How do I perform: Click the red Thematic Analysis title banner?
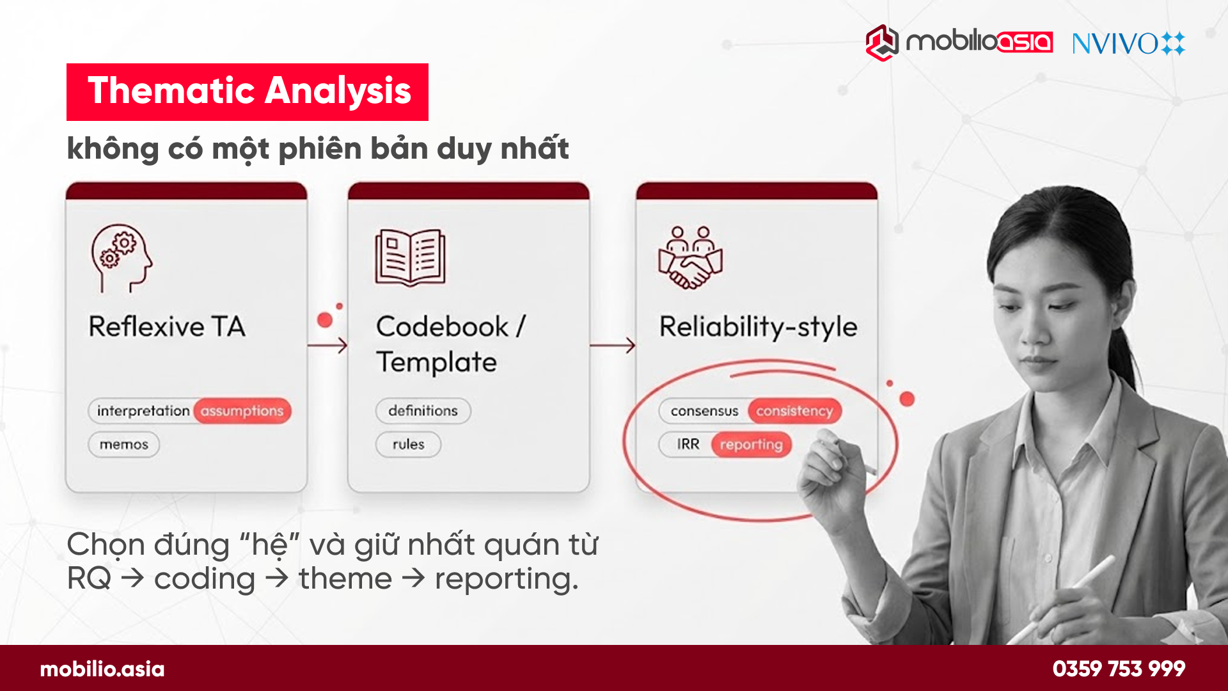(248, 91)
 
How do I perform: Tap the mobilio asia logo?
(959, 42)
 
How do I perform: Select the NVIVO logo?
(1128, 44)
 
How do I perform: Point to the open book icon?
(410, 257)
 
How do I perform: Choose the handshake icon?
(690, 257)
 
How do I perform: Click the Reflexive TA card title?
(167, 326)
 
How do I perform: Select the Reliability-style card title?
(758, 326)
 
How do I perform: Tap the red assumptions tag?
(242, 411)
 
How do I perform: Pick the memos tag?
(123, 445)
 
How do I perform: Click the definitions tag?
(423, 411)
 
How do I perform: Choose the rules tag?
(408, 445)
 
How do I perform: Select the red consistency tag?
(794, 411)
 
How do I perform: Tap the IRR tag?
(688, 445)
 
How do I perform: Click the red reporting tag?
(752, 445)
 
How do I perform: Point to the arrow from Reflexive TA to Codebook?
(327, 345)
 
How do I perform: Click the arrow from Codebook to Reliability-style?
(613, 345)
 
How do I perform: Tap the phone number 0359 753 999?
(1119, 669)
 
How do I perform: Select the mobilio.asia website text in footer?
(102, 669)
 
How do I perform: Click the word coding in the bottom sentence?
(205, 579)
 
